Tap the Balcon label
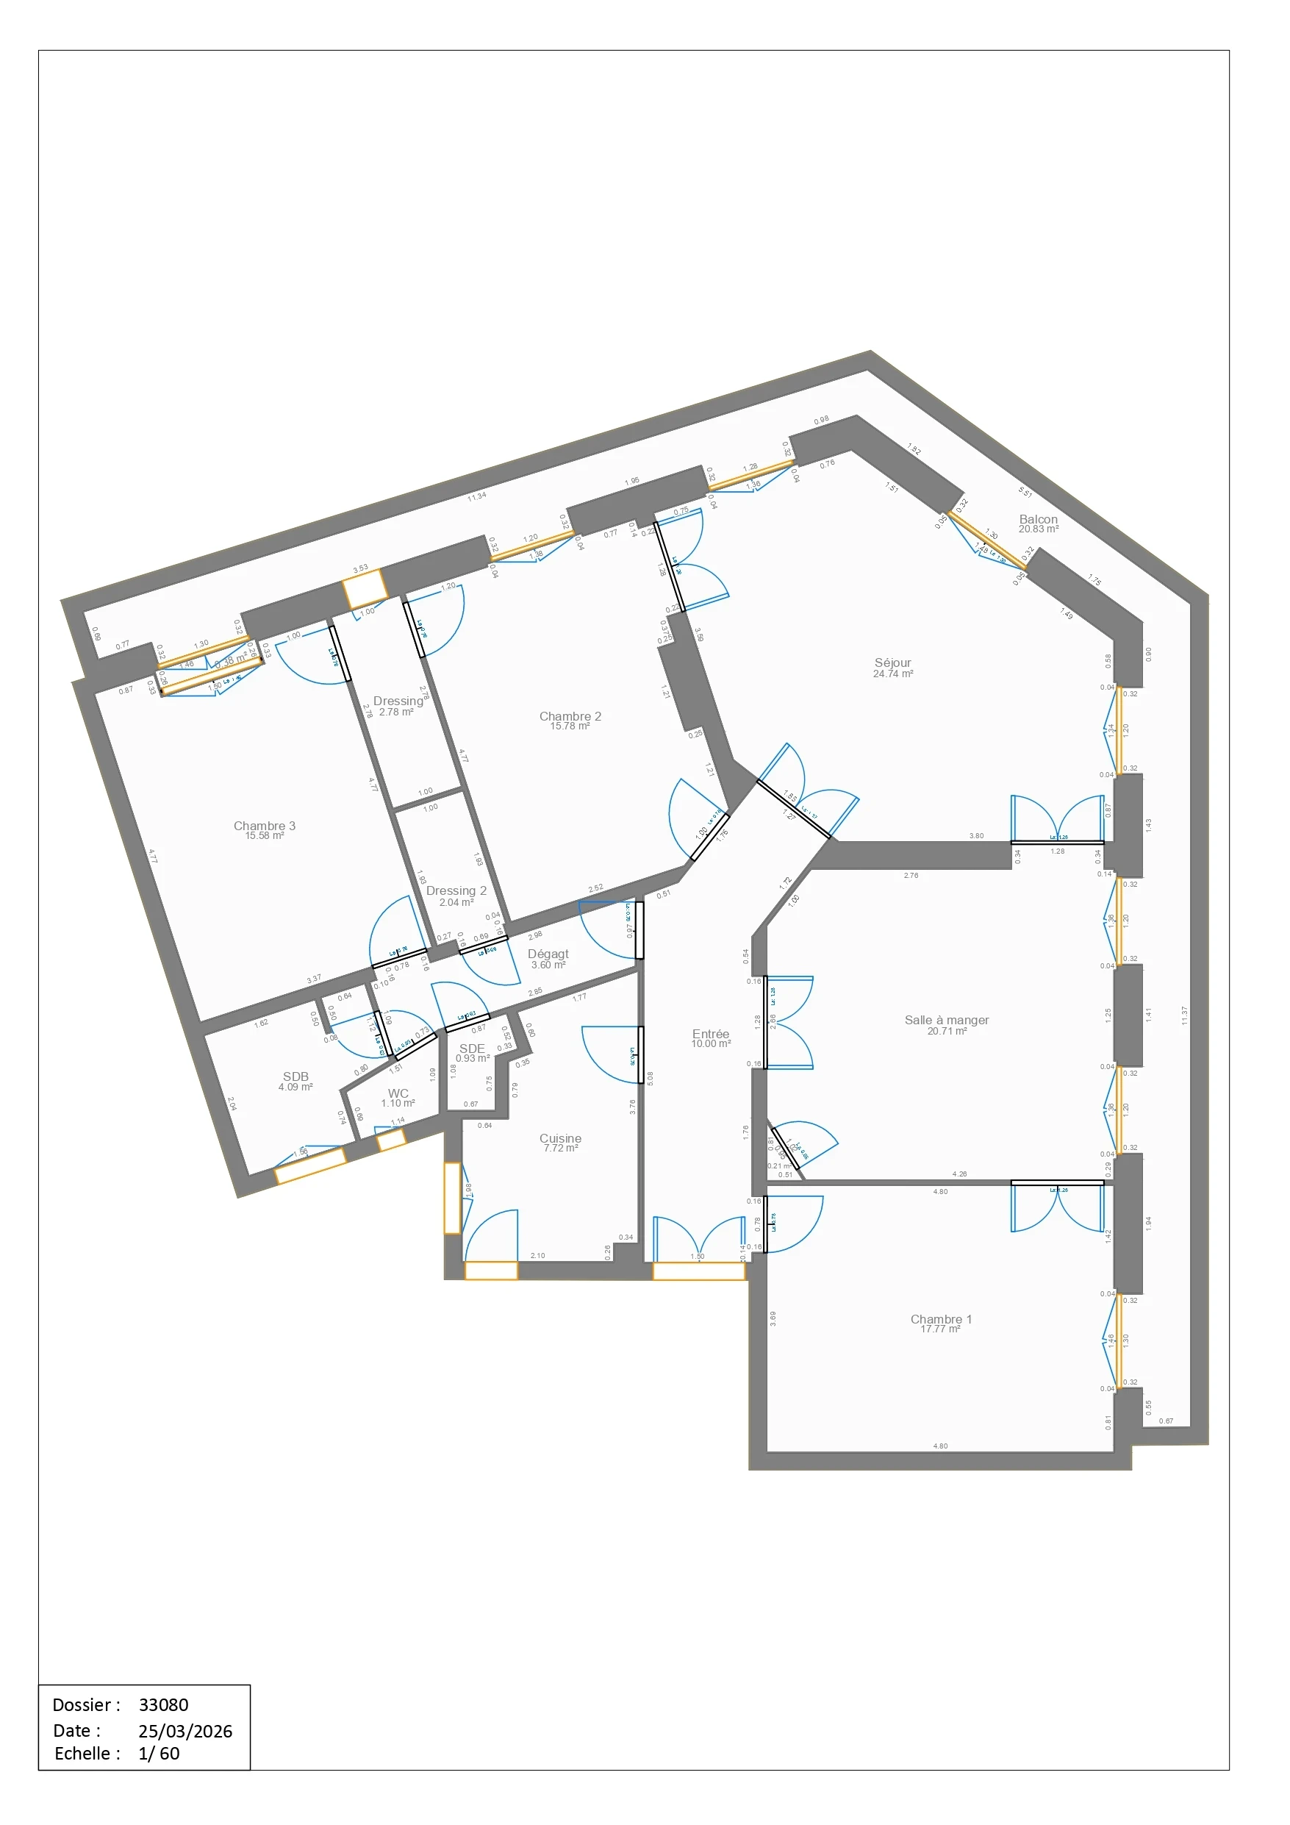pyautogui.click(x=1038, y=519)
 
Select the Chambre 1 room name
pyautogui.click(x=940, y=1318)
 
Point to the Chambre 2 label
pyautogui.click(x=570, y=715)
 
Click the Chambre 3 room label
pyautogui.click(x=264, y=825)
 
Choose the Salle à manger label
pyautogui.click(x=946, y=1019)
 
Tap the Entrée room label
pyautogui.click(x=710, y=1033)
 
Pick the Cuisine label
pyautogui.click(x=559, y=1137)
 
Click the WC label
pyautogui.click(x=398, y=1093)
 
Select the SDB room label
pyautogui.click(x=295, y=1076)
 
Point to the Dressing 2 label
pyautogui.click(x=456, y=890)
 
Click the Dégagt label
pyautogui.click(x=548, y=953)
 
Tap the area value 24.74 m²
pyautogui.click(x=892, y=674)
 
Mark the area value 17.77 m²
pyautogui.click(x=940, y=1329)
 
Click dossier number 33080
pyautogui.click(x=163, y=1704)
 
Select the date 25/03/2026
pyautogui.click(x=184, y=1730)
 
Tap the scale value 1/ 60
pyautogui.click(x=158, y=1753)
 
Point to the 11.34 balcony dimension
pyautogui.click(x=476, y=497)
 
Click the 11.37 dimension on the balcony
pyautogui.click(x=1183, y=1015)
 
